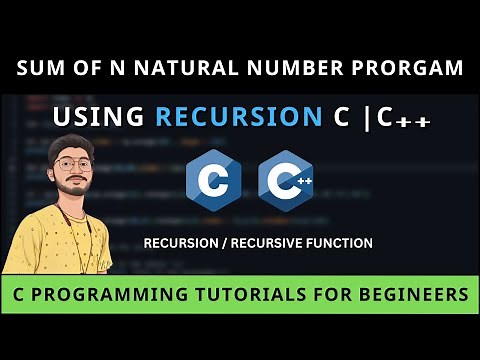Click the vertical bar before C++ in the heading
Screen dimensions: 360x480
[x=366, y=117]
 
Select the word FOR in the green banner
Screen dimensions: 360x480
[x=339, y=296]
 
